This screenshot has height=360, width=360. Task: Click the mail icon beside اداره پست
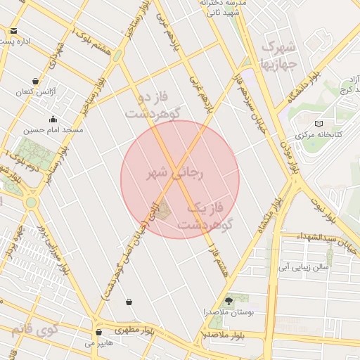pyautogui.click(x=14, y=31)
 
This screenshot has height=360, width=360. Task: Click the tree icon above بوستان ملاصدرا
pyautogui.click(x=227, y=300)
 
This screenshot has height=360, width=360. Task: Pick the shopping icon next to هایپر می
pyautogui.click(x=98, y=332)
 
